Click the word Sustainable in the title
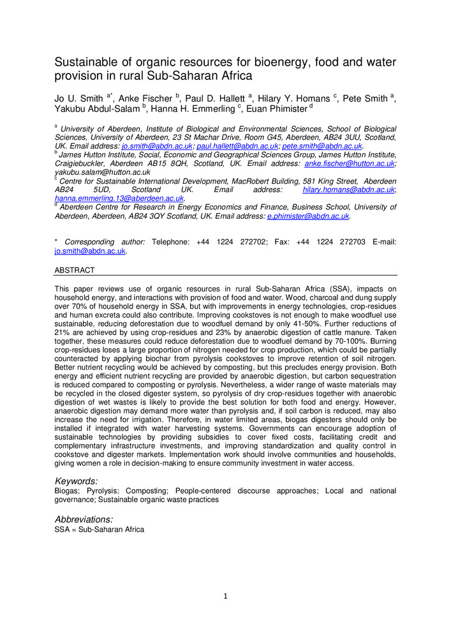point(85,63)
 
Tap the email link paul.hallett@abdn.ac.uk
point(236,146)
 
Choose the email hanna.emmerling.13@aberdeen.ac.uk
point(119,198)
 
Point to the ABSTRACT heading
point(75,271)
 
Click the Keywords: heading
point(77,481)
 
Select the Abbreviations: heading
point(84,519)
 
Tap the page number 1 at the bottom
point(225,597)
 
